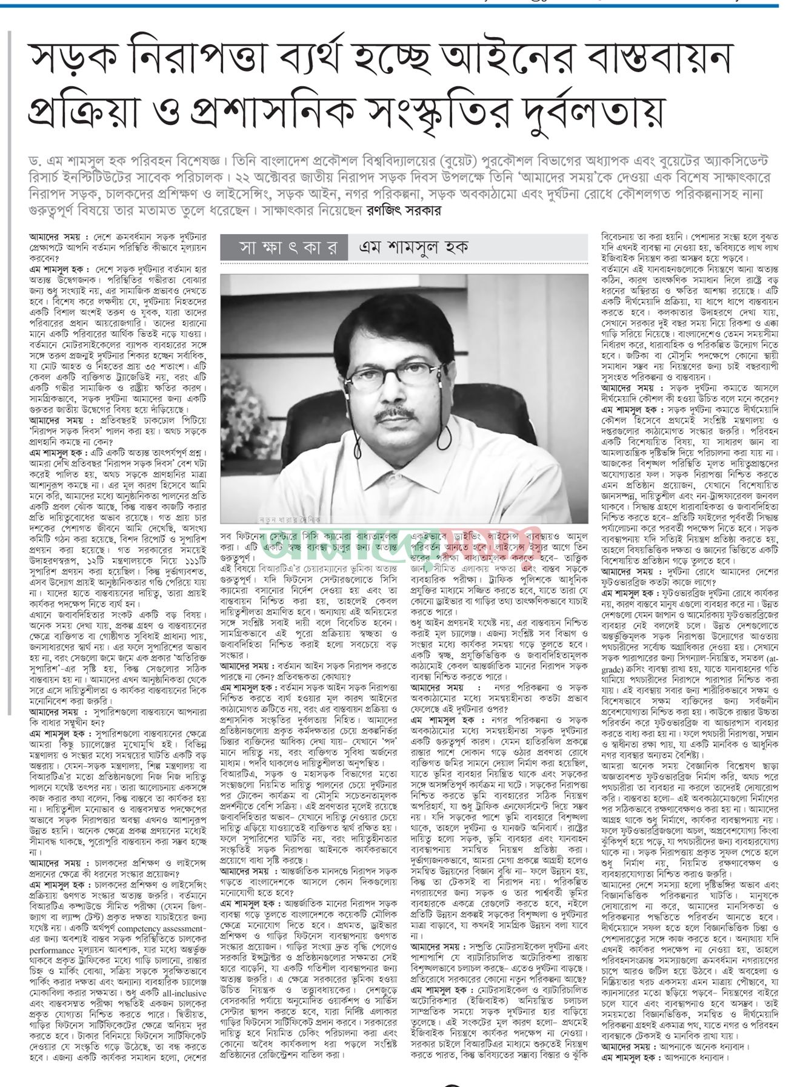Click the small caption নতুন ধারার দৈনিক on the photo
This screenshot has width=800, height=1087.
(291, 519)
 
